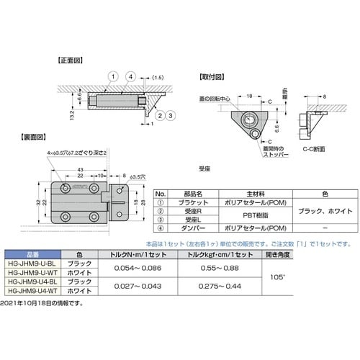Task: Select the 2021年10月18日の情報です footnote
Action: pyautogui.click(x=45, y=304)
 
